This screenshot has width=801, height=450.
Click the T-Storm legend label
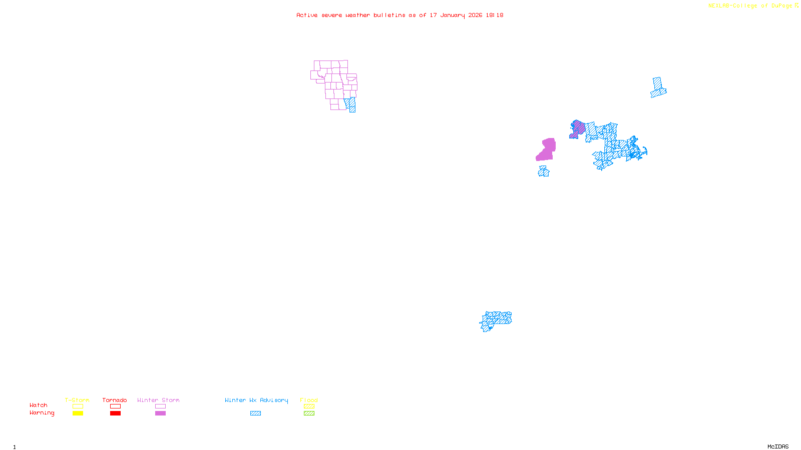click(x=77, y=400)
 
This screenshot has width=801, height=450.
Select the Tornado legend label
click(x=115, y=400)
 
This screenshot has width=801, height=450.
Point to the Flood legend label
click(x=309, y=400)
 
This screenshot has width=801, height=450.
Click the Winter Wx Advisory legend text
click(x=256, y=400)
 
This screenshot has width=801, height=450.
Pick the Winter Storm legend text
click(x=158, y=400)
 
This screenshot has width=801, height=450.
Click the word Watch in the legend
click(x=39, y=405)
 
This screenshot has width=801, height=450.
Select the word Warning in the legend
click(x=42, y=413)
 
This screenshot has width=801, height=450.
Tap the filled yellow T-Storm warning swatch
click(x=78, y=413)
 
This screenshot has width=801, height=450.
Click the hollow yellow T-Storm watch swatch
click(x=78, y=406)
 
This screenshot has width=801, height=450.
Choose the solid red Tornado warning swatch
click(x=116, y=413)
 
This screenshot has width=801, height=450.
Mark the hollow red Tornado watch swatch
click(x=116, y=406)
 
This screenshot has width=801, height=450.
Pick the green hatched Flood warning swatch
click(x=309, y=413)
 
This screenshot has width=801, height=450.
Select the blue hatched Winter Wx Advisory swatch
click(x=255, y=413)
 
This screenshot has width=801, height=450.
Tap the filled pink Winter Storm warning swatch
click(x=160, y=413)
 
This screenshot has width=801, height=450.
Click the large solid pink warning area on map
click(x=547, y=150)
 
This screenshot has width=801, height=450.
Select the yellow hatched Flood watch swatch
click(x=309, y=406)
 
